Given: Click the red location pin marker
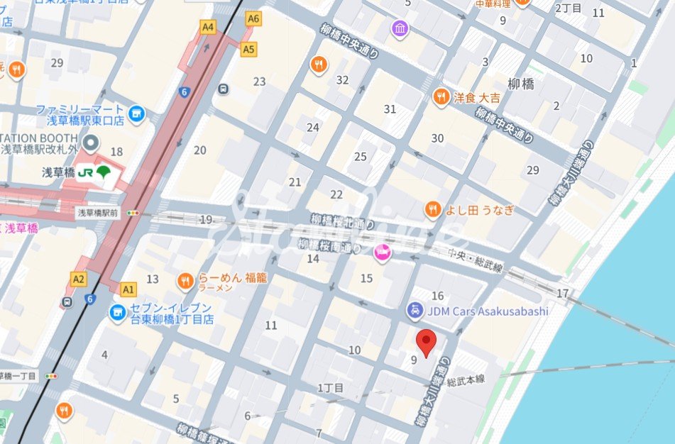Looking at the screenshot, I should click(x=426, y=343).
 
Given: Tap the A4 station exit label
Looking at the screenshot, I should click(x=207, y=27).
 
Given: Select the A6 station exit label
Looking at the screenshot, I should click(x=253, y=18).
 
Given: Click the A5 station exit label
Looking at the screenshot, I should click(x=248, y=50).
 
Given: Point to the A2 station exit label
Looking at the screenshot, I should click(x=78, y=279).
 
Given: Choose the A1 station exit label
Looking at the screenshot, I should click(x=128, y=289).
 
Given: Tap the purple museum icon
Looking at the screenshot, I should click(x=400, y=29).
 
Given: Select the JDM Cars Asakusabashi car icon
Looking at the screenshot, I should click(x=414, y=310).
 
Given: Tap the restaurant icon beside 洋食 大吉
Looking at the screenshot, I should click(x=441, y=96).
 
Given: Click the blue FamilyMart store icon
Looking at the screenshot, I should click(x=136, y=113).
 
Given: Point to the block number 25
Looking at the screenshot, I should click(x=361, y=157).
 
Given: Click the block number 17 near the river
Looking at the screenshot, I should click(x=563, y=293).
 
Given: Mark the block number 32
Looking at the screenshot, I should click(x=342, y=80).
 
